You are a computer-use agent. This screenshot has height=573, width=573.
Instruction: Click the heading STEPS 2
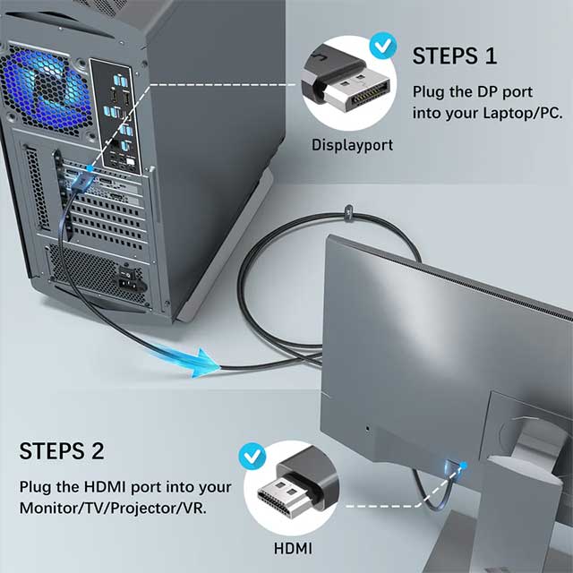[x=62, y=450]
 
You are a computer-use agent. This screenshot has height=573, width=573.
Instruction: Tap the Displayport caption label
[x=352, y=144]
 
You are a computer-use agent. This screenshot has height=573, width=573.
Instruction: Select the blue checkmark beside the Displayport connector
[x=384, y=45]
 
